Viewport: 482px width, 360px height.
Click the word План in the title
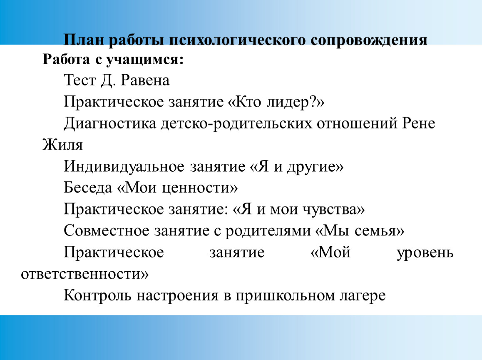tap(84, 40)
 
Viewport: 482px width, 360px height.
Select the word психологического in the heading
tap(237, 40)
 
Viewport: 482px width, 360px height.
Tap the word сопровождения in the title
tap(369, 40)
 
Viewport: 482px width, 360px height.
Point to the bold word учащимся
tap(145, 60)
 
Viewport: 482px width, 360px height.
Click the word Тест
tap(80, 80)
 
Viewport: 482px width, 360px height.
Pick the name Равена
tap(145, 80)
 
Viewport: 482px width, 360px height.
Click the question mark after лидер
tap(314, 101)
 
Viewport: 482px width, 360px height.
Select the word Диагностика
tap(110, 124)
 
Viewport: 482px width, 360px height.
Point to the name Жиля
tap(63, 145)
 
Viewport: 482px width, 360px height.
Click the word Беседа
tap(88, 187)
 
